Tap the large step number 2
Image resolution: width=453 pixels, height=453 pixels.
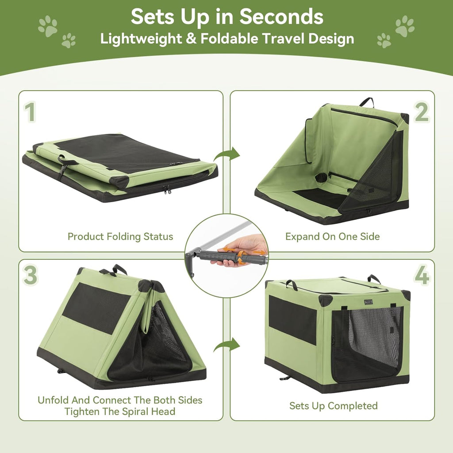421,112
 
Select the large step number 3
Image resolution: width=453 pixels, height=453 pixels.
30,275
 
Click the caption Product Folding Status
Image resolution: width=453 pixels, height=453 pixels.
120,236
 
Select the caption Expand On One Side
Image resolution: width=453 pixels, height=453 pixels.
332,236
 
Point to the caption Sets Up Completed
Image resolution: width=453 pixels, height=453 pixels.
333,406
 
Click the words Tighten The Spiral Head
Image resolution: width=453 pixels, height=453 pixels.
120,411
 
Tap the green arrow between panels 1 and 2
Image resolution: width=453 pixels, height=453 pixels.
226,154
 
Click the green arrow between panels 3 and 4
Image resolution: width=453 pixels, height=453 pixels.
226,345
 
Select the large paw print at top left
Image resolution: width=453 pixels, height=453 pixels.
48,26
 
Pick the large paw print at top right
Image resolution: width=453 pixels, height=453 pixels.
405,26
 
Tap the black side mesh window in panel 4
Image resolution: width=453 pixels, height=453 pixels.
292,319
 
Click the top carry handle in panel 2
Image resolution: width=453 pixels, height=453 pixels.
366,102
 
